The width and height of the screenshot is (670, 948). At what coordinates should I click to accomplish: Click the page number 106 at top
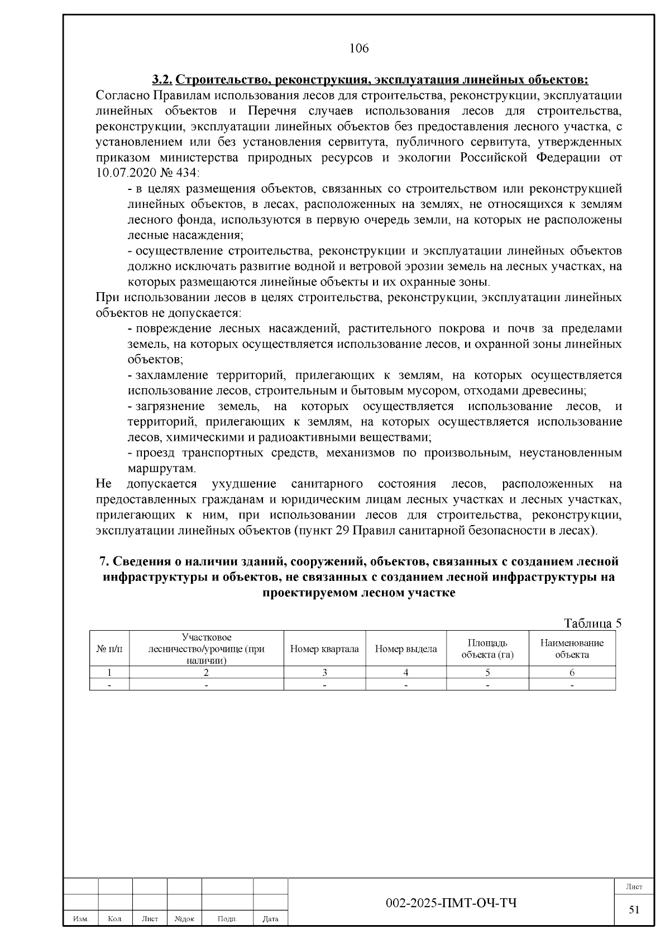[x=359, y=49]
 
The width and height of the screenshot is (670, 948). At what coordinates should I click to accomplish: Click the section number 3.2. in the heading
[x=164, y=80]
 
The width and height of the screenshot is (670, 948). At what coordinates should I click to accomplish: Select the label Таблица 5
[x=592, y=623]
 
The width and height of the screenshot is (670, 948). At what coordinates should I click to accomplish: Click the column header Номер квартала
[x=324, y=649]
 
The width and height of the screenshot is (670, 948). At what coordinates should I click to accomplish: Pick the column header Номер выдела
[x=406, y=649]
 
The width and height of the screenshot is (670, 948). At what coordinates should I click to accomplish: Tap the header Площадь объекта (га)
[x=487, y=649]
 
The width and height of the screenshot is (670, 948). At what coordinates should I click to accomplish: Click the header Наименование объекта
[x=572, y=649]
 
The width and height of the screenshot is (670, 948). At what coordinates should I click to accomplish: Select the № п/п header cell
[x=109, y=649]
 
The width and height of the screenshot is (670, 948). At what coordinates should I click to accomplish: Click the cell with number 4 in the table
[x=406, y=673]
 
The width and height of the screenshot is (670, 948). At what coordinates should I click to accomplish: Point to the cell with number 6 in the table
[x=572, y=673]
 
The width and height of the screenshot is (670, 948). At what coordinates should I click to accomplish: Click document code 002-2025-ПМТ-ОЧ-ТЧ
[x=451, y=903]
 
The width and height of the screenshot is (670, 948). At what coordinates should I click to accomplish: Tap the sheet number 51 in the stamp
[x=634, y=909]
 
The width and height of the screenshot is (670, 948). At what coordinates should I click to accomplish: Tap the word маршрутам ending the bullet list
[x=161, y=468]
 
